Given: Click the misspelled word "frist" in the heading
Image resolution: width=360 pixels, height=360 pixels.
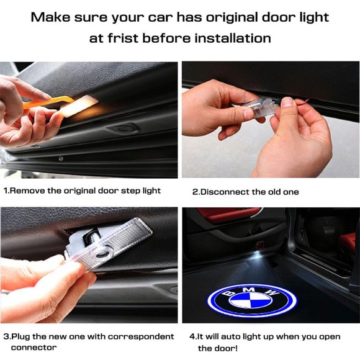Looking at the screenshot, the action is click(123, 38).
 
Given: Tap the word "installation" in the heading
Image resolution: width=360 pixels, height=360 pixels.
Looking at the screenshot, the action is click(233, 38).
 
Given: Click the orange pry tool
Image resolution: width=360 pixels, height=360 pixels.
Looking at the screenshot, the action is click(48, 102).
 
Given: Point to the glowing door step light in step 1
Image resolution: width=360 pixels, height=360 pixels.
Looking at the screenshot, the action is click(79, 106).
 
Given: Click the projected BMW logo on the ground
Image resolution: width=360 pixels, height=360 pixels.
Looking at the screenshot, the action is click(251, 300).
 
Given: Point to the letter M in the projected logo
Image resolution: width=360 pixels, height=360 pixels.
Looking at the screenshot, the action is click(248, 290).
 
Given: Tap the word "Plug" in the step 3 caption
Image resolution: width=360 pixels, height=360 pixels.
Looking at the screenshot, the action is click(21, 336).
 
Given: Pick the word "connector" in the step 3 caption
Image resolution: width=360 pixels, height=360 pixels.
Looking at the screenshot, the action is click(34, 348).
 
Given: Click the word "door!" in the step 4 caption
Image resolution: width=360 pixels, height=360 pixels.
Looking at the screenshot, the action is click(218, 348).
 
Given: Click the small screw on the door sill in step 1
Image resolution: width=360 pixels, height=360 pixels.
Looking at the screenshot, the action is click(61, 158).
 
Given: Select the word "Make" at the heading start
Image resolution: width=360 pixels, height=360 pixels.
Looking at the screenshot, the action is click(50, 17).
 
